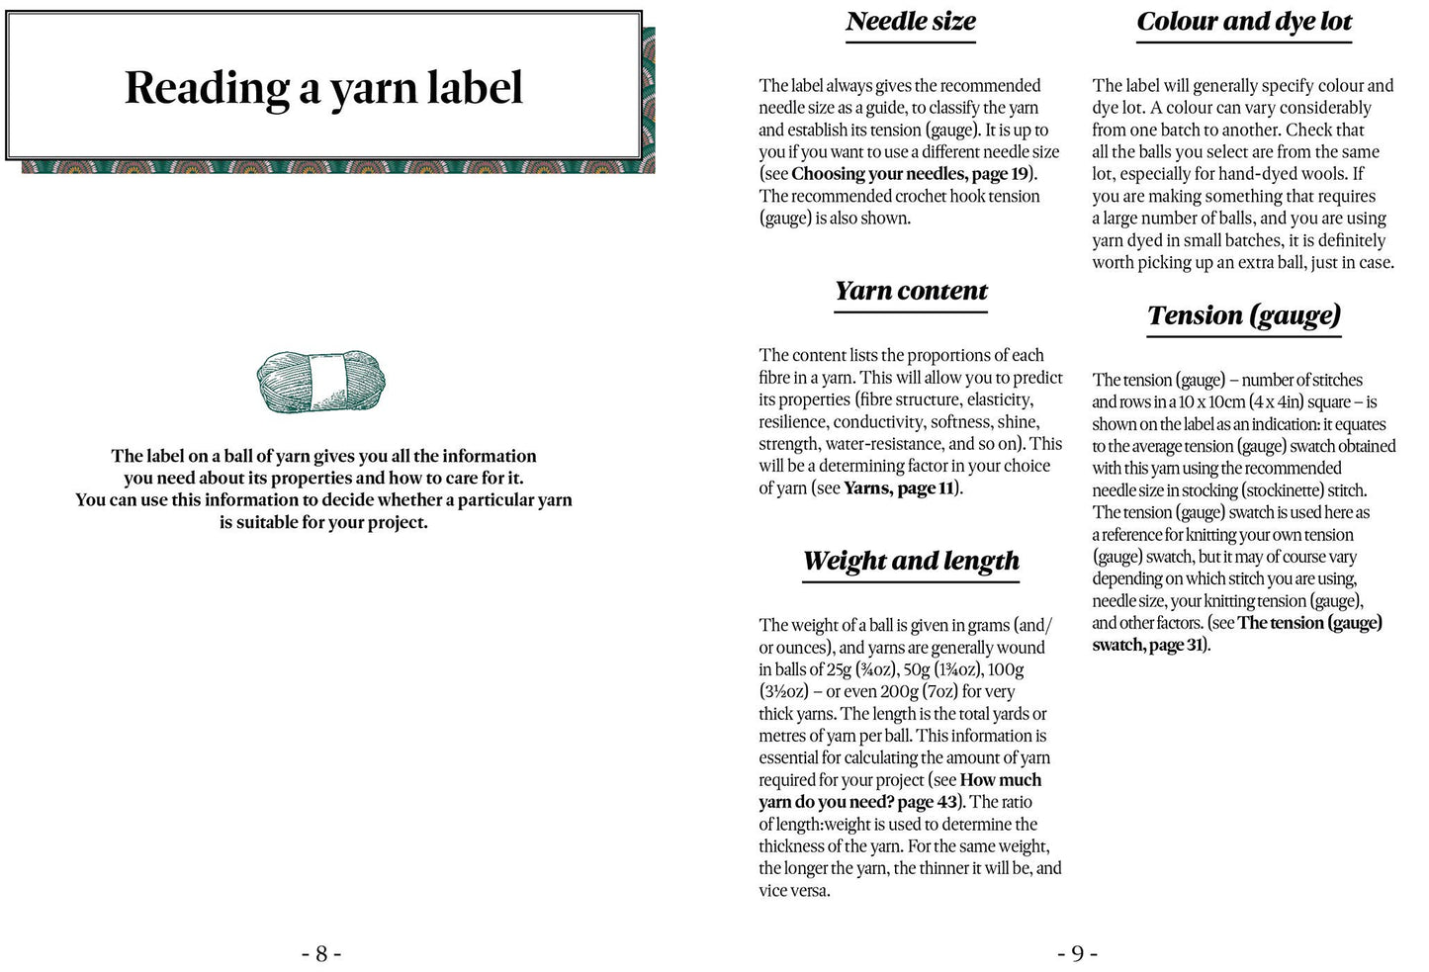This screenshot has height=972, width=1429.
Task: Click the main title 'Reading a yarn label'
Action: coord(323,87)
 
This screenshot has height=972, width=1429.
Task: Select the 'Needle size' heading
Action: coord(911,22)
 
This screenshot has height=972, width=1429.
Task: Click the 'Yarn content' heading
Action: coord(911,291)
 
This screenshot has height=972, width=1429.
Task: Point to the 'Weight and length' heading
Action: coord(911,561)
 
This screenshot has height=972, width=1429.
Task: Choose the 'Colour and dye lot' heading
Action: coord(1244,22)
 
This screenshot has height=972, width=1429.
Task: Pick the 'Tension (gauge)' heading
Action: coord(1244,315)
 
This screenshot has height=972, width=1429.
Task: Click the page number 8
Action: coord(321,954)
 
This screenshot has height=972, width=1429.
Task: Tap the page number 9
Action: coord(1077,954)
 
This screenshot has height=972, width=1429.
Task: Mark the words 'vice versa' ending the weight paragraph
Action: coord(794,891)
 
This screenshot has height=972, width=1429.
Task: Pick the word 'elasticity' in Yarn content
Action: coord(997,399)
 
